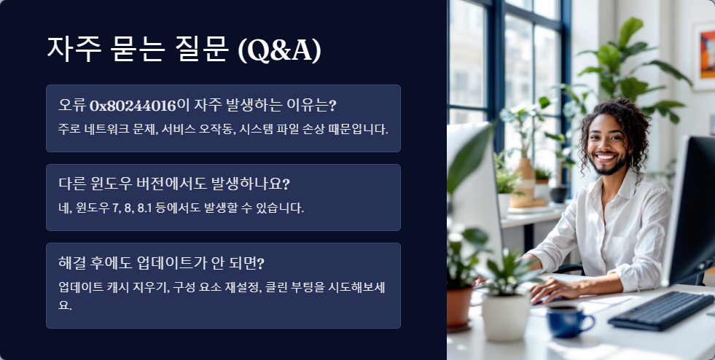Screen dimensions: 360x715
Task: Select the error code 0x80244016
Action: click(x=133, y=106)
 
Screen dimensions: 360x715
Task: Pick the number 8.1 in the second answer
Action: click(x=146, y=208)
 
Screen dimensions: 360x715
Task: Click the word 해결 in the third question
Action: click(x=74, y=262)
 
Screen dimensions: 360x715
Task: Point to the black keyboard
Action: click(x=660, y=310)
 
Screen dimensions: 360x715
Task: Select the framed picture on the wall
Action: click(x=704, y=55)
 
